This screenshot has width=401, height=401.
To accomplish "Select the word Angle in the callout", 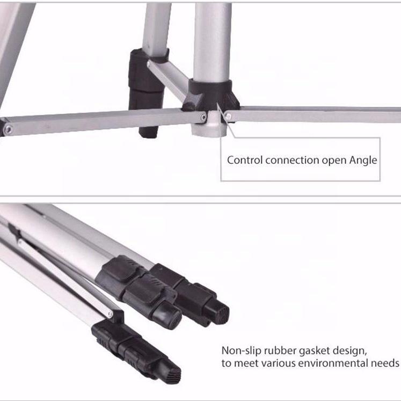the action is click(363, 161).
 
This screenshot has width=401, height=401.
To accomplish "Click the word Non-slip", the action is click(241, 351).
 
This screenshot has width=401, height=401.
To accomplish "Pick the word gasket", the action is click(314, 351).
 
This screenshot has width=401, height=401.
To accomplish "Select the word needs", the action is click(385, 363).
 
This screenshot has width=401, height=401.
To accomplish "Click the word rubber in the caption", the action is click(280, 351).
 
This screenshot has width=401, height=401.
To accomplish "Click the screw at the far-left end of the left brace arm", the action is click(8, 129).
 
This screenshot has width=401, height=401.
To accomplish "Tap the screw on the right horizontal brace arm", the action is click(228, 116).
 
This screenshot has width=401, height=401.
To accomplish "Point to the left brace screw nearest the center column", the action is click(203, 118).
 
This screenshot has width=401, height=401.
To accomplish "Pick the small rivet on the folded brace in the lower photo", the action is click(110, 313).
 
